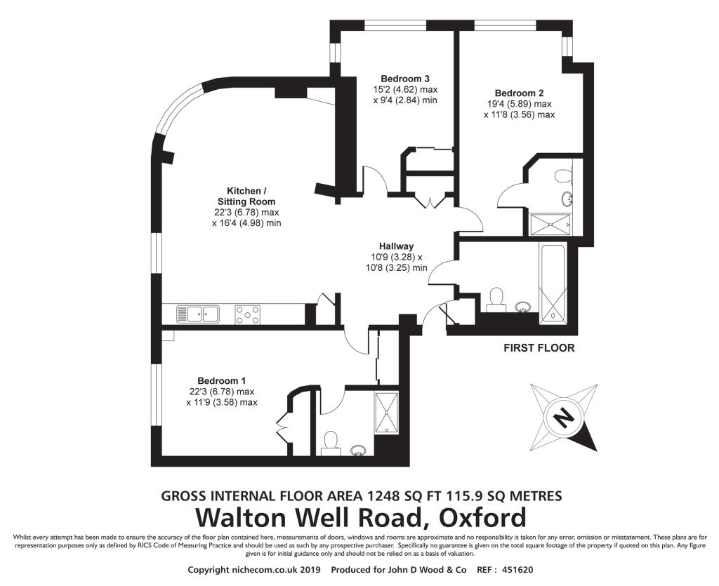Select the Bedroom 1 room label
point(221,380)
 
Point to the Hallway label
point(396,246)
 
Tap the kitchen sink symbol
point(197,314)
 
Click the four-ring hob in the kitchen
point(247,314)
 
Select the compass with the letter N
point(563,418)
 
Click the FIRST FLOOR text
point(539,348)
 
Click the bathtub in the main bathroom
point(554,284)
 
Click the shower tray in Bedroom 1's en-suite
point(386,413)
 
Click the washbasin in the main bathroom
point(522,306)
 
